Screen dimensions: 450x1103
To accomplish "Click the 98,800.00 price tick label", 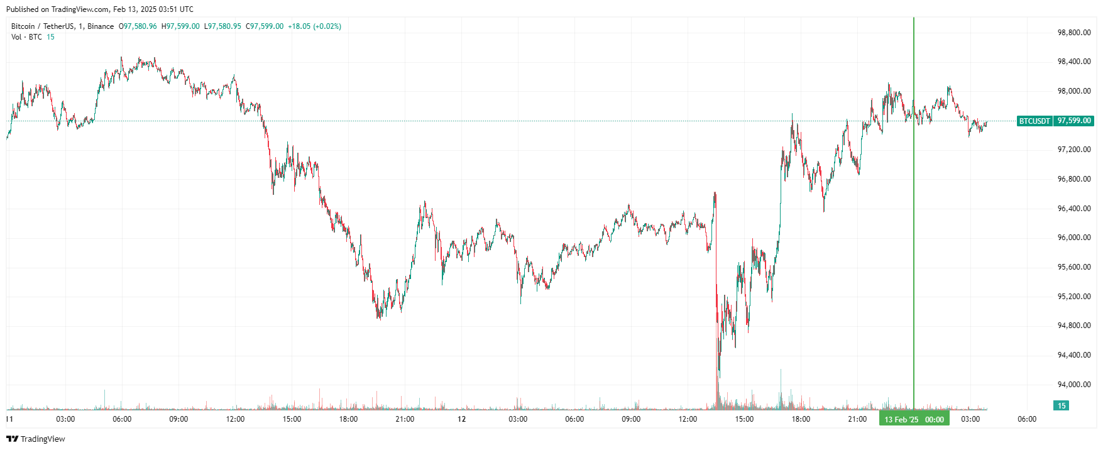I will pyautogui.click(x=1073, y=33).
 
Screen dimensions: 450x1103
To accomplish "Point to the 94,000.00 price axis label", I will pyautogui.click(x=1073, y=385).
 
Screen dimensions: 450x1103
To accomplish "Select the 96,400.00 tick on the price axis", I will pyautogui.click(x=1073, y=209).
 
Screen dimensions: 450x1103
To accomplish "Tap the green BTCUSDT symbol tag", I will pyautogui.click(x=1034, y=121).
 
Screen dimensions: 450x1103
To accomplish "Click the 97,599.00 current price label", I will pyautogui.click(x=1074, y=121).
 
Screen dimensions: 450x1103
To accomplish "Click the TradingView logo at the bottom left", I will pyautogui.click(x=36, y=439).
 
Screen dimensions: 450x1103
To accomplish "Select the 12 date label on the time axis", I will pyautogui.click(x=461, y=419).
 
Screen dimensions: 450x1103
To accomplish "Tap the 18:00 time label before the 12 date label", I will pyautogui.click(x=348, y=419).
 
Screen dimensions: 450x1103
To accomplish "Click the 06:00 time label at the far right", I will pyautogui.click(x=1027, y=419).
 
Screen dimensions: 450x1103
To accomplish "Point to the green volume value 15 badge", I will pyautogui.click(x=1061, y=405).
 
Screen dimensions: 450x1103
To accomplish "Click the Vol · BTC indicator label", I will pyautogui.click(x=26, y=37).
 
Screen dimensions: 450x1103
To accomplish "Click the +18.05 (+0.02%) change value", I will pyautogui.click(x=314, y=26).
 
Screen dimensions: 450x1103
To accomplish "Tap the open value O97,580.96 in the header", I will pyautogui.click(x=138, y=26).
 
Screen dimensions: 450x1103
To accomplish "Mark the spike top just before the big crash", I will pyautogui.click(x=715, y=193).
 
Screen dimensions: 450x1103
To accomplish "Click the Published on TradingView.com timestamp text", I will pyautogui.click(x=99, y=9).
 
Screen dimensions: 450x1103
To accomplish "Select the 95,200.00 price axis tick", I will pyautogui.click(x=1073, y=297).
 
